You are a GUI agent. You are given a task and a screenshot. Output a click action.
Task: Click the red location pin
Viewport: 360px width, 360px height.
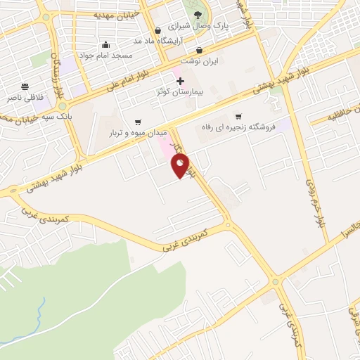click(181, 166)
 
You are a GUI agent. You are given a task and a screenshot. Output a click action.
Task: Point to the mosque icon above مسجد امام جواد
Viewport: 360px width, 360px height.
click(105, 44)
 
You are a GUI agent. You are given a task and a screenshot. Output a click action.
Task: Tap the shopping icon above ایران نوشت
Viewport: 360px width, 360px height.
click(200, 50)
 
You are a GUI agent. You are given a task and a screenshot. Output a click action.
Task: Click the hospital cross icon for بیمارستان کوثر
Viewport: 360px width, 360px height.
click(180, 81)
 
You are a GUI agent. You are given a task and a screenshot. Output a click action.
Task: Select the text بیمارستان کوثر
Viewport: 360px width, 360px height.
click(179, 92)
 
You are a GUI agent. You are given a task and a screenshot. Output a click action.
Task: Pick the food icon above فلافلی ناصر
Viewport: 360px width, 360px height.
click(25, 87)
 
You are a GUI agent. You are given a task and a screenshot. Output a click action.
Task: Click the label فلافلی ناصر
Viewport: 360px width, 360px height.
click(26, 98)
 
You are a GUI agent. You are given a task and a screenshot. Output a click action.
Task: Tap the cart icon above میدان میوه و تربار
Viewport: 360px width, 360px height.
click(137, 121)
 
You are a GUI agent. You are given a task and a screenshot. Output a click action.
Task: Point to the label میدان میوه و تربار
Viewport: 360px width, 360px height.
click(137, 132)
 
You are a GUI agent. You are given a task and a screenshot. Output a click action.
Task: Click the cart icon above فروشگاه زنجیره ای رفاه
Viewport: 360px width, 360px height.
click(238, 116)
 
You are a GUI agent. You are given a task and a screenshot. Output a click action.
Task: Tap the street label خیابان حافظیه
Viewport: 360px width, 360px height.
click(345, 113)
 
